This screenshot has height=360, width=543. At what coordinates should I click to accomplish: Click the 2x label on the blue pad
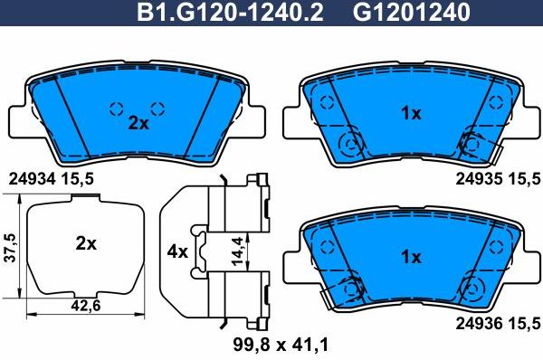138,124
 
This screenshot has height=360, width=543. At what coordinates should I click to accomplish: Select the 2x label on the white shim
86,243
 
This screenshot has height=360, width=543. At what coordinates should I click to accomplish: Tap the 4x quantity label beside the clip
177,251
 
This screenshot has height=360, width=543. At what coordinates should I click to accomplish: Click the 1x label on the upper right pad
411,113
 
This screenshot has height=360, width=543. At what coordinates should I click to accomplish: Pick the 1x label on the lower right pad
411,257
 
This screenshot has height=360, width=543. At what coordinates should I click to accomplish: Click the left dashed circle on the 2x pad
116,109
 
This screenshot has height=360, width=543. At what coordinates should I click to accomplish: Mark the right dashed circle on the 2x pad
157,109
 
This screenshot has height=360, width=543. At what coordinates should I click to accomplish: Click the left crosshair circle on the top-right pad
348,143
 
